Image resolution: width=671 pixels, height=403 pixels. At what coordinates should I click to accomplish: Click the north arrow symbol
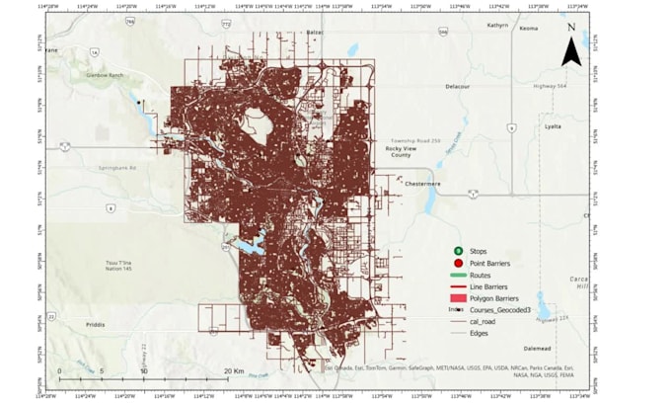click(x=570, y=50)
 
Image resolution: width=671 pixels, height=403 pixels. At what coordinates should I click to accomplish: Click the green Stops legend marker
click(x=459, y=252)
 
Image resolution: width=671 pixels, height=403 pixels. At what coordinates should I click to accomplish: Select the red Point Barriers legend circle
click(x=459, y=263)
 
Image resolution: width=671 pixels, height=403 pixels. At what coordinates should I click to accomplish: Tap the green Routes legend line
click(x=459, y=275)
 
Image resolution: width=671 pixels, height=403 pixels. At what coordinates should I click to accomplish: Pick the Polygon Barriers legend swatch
click(x=459, y=297)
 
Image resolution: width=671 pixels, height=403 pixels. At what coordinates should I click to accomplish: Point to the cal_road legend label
click(x=485, y=321)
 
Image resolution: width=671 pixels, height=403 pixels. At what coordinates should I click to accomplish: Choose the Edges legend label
click(x=480, y=333)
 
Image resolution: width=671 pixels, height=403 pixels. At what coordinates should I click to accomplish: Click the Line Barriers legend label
click(x=494, y=286)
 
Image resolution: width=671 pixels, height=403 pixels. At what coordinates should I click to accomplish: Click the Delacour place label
click(x=457, y=87)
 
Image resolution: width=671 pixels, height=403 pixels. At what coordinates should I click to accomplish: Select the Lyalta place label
click(x=553, y=126)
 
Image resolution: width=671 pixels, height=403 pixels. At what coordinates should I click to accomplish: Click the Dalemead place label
click(x=538, y=349)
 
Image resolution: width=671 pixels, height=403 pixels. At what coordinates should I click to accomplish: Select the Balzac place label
click(x=315, y=33)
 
